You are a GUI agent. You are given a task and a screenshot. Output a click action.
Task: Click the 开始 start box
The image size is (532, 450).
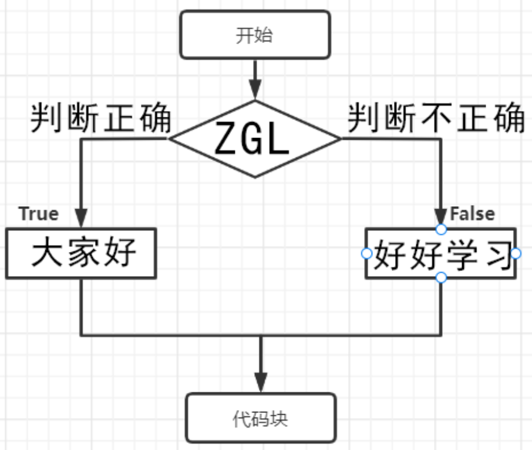click(254, 35)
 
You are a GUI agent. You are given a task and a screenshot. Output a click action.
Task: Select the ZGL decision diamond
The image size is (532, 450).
click(254, 139)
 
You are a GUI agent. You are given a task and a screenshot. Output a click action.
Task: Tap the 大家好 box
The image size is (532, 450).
click(81, 254)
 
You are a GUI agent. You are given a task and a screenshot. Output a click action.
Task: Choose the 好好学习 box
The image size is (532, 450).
click(441, 254)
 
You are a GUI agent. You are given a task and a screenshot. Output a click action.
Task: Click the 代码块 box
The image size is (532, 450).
click(261, 418)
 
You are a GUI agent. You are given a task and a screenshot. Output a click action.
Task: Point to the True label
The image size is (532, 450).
click(39, 213)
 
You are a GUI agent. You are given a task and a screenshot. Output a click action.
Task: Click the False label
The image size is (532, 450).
click(472, 213)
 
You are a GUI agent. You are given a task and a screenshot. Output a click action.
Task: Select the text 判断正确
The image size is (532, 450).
click(100, 117)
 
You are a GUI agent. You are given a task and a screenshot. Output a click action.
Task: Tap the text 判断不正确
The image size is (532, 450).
click(436, 117)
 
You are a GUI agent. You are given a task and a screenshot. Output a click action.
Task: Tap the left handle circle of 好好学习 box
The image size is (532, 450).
click(366, 253)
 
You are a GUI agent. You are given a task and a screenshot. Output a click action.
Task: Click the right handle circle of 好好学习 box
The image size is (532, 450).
click(516, 253)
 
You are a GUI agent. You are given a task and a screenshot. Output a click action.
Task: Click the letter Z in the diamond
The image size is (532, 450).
click(226, 139)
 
